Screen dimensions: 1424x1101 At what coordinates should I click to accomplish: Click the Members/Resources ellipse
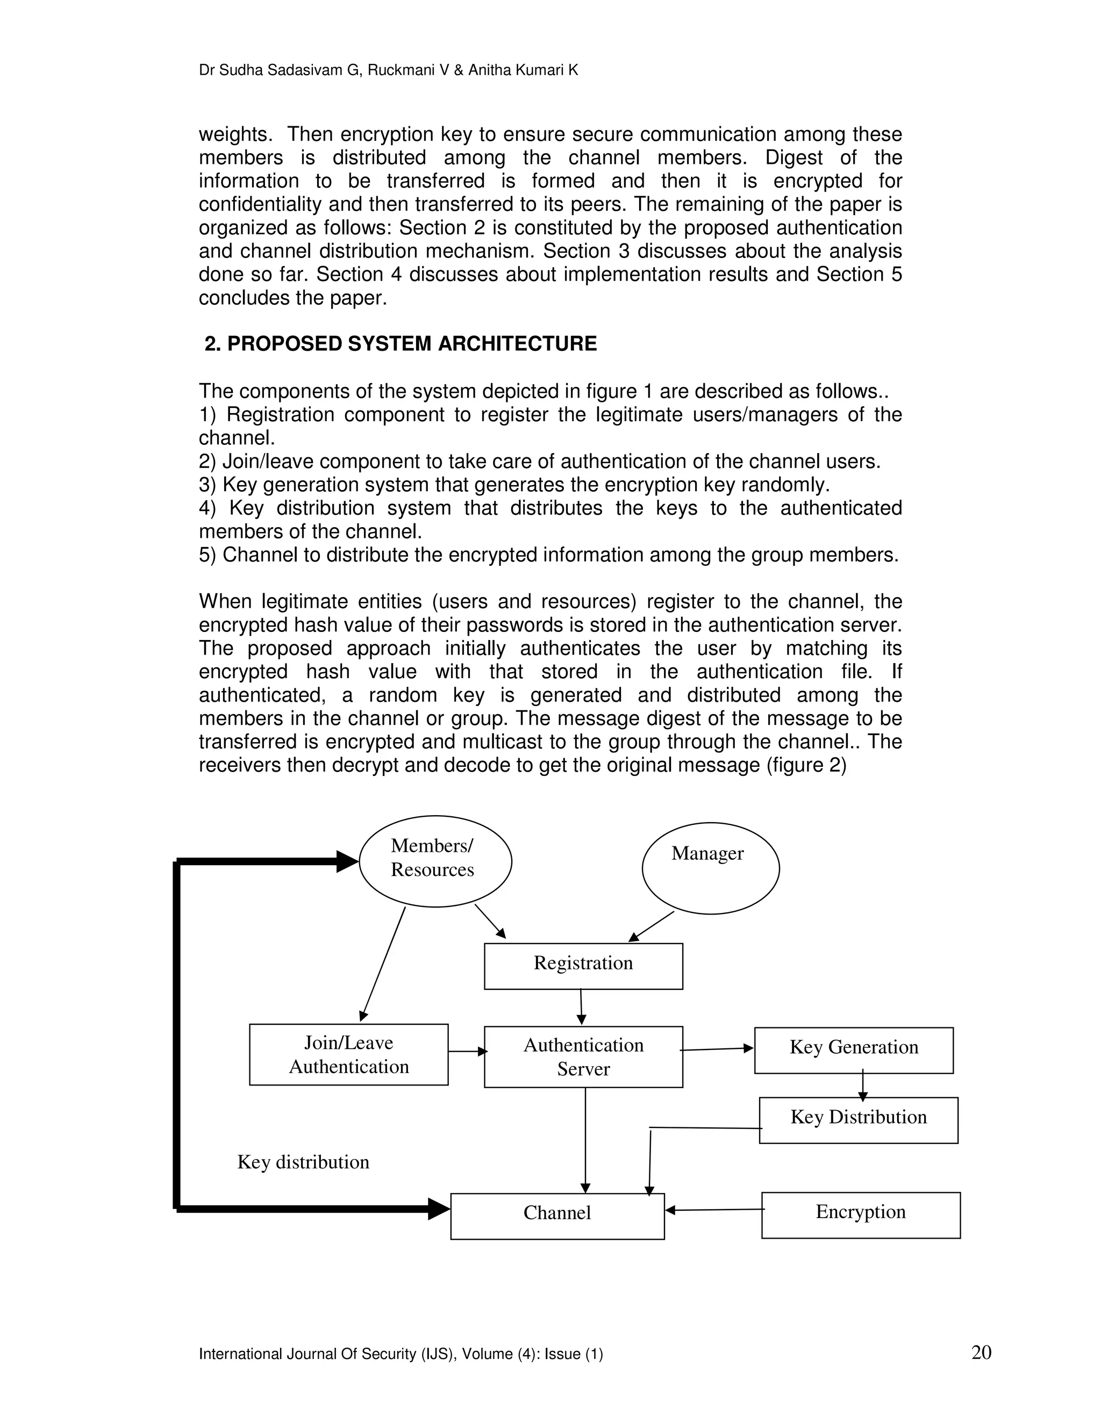coord(435,861)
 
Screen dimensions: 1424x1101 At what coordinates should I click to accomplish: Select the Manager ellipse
coord(710,868)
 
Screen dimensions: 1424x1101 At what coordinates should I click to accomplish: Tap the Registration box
coord(583,966)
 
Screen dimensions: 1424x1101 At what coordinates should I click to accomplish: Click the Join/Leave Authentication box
coord(348,1054)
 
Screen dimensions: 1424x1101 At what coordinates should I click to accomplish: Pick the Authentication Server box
coord(583,1057)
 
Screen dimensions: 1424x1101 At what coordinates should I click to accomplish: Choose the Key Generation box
coord(853,1051)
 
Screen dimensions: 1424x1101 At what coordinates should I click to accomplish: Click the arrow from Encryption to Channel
coord(714,1210)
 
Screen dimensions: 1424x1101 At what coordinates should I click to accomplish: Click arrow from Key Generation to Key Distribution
coord(862,1085)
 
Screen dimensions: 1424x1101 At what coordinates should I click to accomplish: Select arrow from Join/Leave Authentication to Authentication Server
coord(467,1051)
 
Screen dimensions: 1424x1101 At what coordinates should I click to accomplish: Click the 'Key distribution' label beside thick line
coord(303,1162)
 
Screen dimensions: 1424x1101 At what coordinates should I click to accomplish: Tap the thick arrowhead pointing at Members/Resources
coord(347,861)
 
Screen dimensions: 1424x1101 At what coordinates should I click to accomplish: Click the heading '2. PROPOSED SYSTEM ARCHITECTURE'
coord(401,343)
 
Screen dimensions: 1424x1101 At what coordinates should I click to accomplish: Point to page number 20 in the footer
coord(981,1353)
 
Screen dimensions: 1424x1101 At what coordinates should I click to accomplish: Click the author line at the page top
coord(388,70)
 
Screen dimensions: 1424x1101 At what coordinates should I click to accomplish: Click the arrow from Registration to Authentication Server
coord(581,1006)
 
